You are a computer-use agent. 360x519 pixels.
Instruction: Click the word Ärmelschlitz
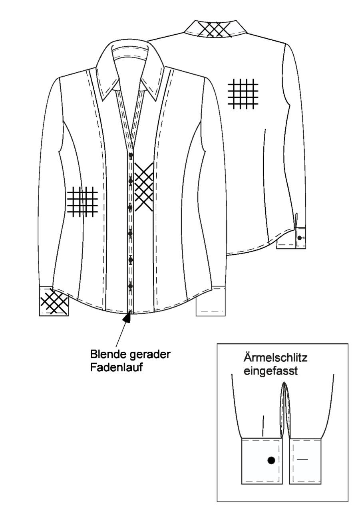pyautogui.click(x=275, y=357)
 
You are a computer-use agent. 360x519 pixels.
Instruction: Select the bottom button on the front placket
pyautogui.click(x=131, y=286)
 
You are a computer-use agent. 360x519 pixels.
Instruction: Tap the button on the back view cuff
pyautogui.click(x=299, y=238)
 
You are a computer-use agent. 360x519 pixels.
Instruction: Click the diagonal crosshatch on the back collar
pyautogui.click(x=215, y=30)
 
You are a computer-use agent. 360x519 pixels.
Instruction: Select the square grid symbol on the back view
pyautogui.click(x=243, y=94)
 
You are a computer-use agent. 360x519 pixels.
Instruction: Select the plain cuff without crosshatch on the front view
pyautogui.click(x=211, y=301)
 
